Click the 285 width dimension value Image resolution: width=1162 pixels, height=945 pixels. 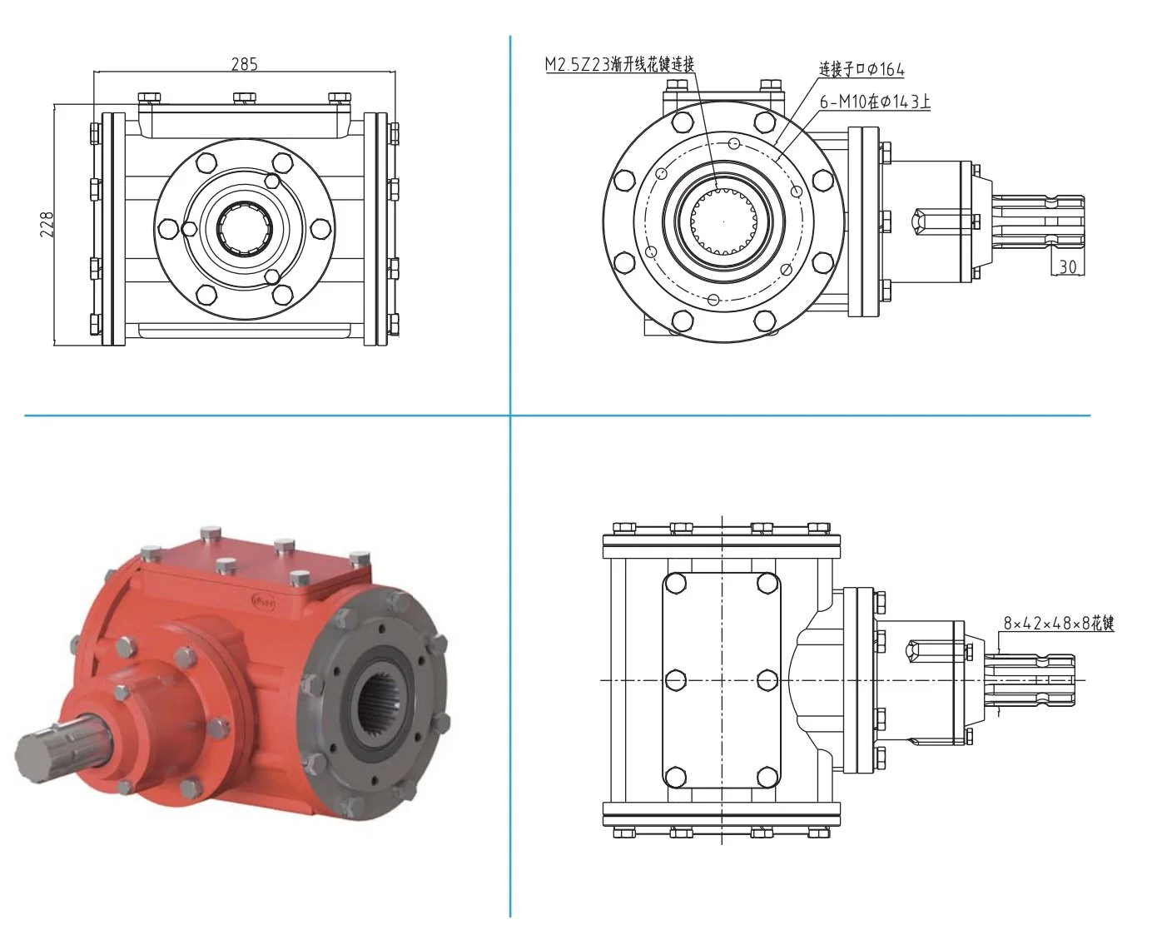tap(244, 64)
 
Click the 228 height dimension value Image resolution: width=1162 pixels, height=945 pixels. tap(47, 224)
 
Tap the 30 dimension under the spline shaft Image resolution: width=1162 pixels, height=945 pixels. tap(1068, 266)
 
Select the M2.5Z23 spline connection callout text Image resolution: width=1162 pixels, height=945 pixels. tap(620, 64)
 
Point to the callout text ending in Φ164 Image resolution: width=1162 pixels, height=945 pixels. tap(862, 69)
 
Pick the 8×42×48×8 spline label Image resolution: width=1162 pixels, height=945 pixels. tap(1058, 623)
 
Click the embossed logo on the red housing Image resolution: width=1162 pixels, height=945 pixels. tap(263, 602)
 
